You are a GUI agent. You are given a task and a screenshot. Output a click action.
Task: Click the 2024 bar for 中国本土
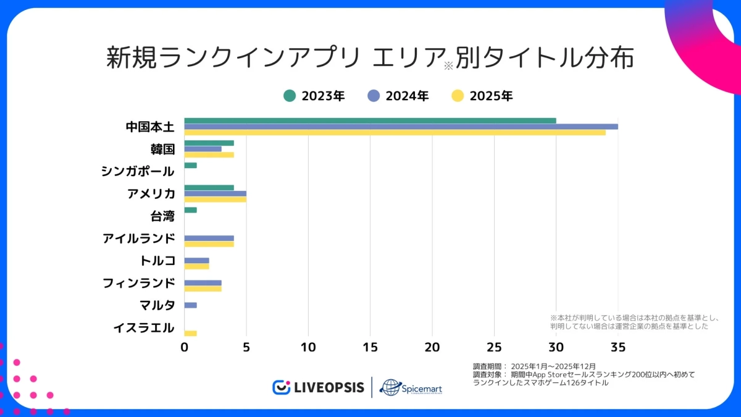401,127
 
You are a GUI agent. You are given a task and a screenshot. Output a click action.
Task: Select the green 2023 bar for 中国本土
370,120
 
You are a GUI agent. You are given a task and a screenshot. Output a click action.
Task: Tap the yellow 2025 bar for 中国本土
395,132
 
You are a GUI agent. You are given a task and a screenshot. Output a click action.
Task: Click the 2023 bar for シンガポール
190,166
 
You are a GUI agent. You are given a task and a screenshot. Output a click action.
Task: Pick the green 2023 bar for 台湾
190,210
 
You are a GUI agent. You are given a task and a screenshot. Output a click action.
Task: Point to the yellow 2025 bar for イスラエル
190,334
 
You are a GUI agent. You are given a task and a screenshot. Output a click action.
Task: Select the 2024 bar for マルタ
190,305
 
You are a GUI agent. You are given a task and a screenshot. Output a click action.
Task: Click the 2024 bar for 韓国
203,149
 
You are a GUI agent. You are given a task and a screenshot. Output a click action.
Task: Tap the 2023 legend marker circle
290,96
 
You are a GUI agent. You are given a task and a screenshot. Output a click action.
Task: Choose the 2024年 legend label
407,96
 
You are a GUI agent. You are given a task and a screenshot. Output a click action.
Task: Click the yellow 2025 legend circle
458,96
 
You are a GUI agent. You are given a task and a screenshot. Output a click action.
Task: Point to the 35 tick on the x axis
618,348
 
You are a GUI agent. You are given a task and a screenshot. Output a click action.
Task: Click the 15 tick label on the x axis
370,348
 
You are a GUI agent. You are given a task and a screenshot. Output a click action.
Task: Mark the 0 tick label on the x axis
184,348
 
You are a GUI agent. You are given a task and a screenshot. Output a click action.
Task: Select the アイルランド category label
139,238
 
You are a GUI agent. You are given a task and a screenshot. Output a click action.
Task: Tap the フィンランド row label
139,283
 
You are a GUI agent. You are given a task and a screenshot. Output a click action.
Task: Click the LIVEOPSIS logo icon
282,387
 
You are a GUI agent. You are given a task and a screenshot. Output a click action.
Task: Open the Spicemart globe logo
390,387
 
